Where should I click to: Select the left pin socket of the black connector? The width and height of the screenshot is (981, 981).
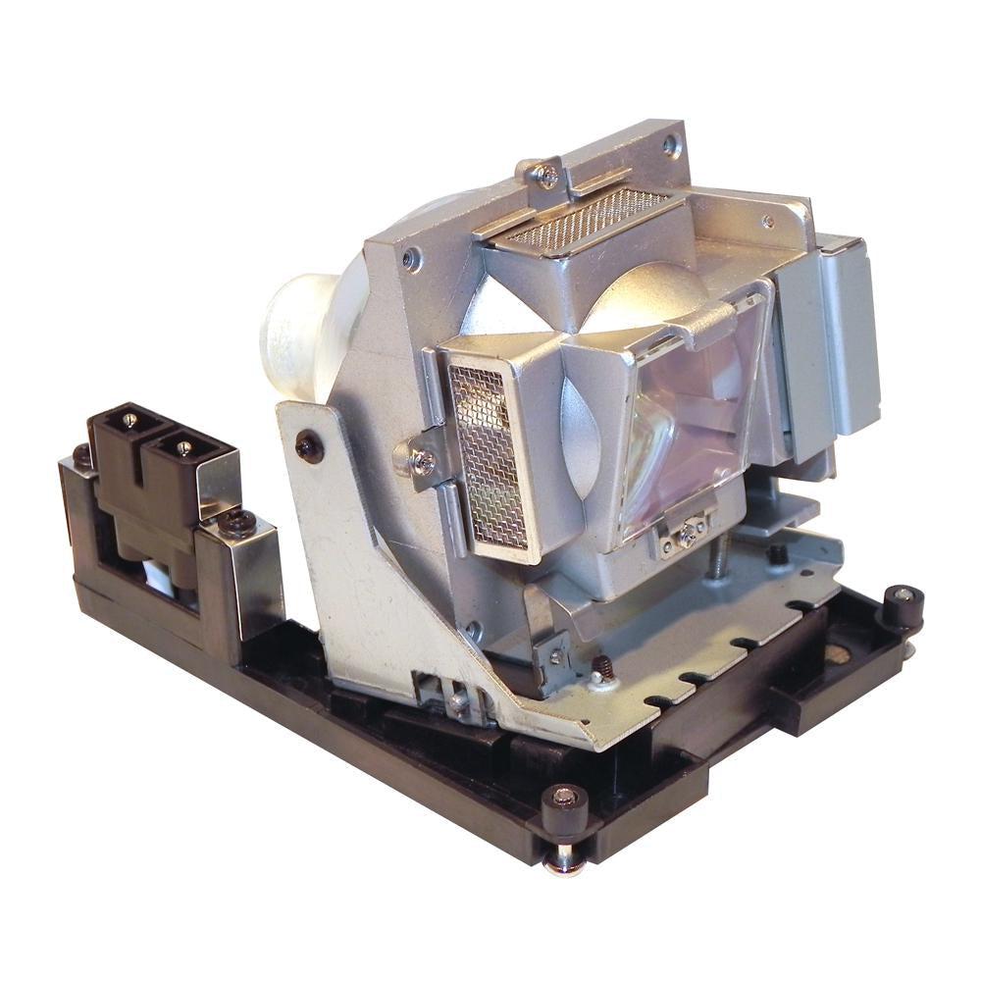click(x=129, y=420)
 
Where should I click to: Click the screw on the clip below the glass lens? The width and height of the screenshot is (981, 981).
click(x=690, y=532)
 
